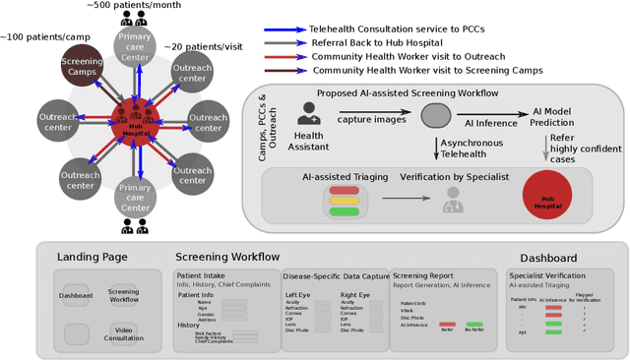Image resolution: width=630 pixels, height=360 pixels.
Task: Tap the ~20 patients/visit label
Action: [206, 46]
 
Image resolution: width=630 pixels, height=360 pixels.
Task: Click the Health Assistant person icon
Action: [307, 114]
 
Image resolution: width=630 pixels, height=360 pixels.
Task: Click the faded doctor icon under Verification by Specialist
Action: [453, 201]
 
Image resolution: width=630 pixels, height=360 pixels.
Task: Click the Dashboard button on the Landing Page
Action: [76, 294]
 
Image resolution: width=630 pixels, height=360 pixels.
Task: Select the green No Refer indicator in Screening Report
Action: [474, 324]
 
